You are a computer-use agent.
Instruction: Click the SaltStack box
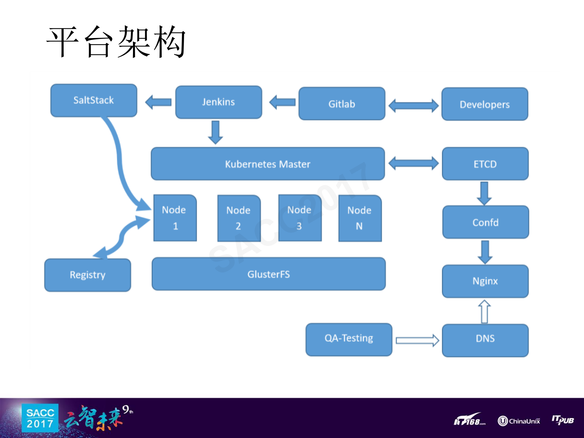coord(94,100)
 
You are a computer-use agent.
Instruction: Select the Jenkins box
coord(219,102)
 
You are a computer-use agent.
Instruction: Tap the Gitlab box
coord(342,104)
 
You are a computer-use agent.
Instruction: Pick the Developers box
coord(484,104)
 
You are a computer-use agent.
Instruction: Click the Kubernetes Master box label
coord(268,164)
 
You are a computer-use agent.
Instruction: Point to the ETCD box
coord(485,164)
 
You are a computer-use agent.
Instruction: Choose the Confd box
coord(485,222)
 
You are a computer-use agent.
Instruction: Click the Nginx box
coord(485,281)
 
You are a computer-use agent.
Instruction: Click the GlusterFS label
coord(268,274)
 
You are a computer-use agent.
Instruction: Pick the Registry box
coord(88,275)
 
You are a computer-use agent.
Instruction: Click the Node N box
coord(360,218)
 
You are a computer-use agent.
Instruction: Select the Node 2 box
coord(239,218)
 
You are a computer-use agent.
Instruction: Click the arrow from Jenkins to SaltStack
coord(158,102)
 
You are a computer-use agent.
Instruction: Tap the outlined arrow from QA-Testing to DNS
coord(417,340)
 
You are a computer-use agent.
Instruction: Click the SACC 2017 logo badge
coord(40,418)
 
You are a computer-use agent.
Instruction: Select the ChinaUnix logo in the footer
coord(519,421)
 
